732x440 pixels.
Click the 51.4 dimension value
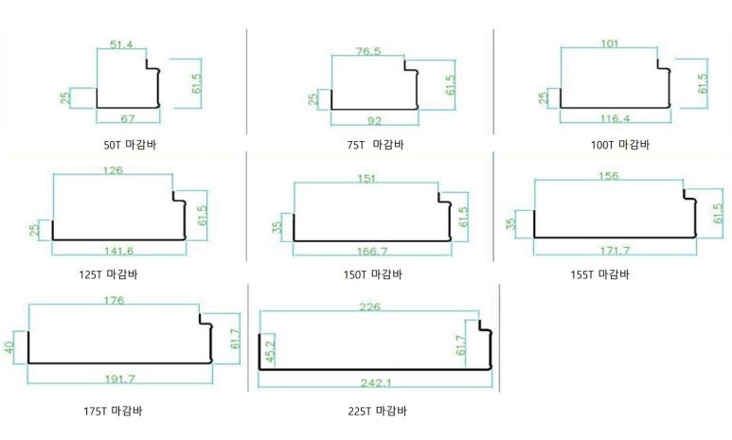point(121,44)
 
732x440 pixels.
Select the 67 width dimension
point(128,118)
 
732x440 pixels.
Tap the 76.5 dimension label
point(368,51)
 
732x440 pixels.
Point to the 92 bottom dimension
point(374,121)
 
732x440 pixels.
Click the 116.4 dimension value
point(615,118)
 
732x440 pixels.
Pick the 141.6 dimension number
point(118,251)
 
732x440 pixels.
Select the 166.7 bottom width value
point(372,252)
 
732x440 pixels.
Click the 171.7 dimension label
point(615,251)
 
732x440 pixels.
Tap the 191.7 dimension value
point(120,378)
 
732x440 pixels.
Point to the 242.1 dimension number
point(376,383)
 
